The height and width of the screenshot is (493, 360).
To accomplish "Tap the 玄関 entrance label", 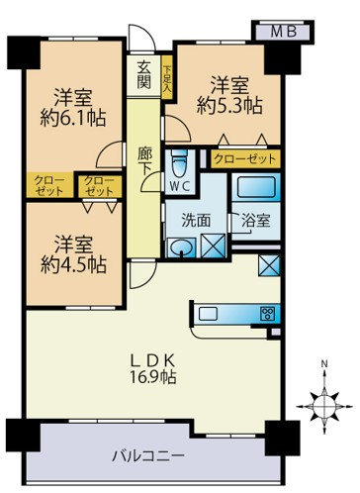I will tap(144, 74).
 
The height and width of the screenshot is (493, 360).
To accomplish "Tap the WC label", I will tap(180, 185).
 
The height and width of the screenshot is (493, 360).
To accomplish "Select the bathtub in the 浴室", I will tap(257, 188).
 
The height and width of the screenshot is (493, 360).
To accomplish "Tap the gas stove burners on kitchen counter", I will tap(266, 314).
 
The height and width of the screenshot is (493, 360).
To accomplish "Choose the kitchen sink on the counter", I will tap(209, 315).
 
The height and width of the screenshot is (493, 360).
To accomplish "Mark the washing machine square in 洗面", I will tap(213, 246).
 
